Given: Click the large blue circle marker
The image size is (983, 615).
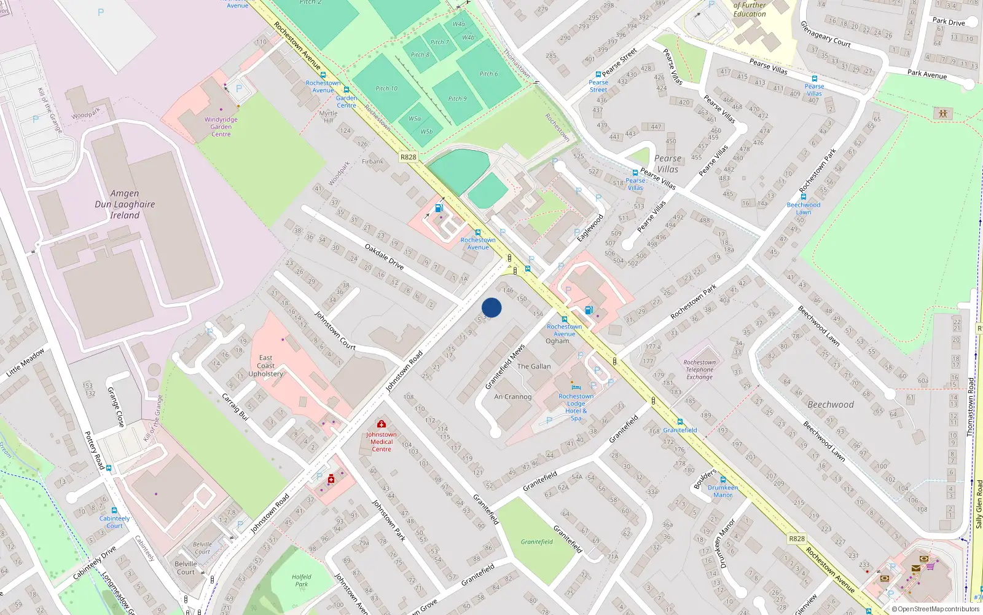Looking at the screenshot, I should (491, 307).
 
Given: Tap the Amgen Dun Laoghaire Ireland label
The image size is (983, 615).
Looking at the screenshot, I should (125, 204).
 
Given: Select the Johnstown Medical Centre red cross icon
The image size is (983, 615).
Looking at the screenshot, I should (382, 424).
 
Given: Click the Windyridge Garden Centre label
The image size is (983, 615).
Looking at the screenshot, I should (221, 127).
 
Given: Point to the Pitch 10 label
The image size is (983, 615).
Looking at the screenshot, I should (386, 89).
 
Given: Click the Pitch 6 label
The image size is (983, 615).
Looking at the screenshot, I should (489, 74).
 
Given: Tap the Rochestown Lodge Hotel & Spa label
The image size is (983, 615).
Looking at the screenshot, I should (576, 407).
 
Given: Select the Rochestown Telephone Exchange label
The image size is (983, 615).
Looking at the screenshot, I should (700, 370).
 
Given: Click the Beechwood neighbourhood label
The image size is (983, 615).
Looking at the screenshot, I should (831, 405).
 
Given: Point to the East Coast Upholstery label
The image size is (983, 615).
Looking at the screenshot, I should (265, 365).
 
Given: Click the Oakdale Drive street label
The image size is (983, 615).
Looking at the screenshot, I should (385, 257).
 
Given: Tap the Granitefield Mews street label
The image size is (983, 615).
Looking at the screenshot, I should (505, 367).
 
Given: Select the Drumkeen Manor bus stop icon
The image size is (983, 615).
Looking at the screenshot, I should (723, 480).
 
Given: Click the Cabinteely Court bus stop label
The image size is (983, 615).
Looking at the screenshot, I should (115, 522).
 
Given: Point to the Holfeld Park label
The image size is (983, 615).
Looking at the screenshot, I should (301, 581).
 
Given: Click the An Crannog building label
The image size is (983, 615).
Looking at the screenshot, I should (513, 397).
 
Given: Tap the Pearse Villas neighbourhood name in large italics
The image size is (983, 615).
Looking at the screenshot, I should (668, 164).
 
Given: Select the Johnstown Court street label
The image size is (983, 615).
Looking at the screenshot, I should (335, 330).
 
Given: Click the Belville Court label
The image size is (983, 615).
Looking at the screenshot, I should (186, 568).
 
